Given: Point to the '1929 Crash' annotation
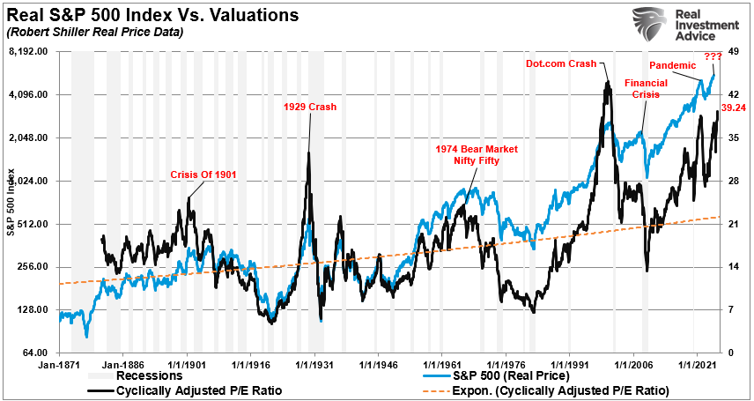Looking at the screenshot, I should [x=309, y=107].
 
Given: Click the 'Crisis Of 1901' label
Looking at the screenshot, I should [x=203, y=175].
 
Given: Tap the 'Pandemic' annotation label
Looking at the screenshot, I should [x=673, y=65].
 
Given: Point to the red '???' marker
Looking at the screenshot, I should [x=713, y=56].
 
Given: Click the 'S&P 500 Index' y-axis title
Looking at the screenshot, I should [x=11, y=203].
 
